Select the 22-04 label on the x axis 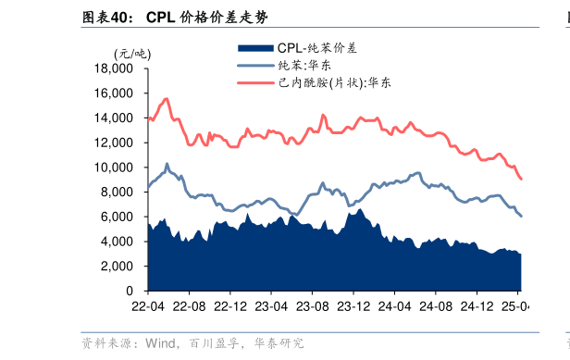148,306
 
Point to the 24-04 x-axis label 394,306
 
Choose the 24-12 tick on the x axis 477,306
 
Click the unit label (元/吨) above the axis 130,53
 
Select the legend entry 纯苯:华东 304,65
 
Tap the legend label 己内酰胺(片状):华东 333,82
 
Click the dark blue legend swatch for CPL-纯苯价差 255,47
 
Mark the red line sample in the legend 255,82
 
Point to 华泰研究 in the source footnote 279,343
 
